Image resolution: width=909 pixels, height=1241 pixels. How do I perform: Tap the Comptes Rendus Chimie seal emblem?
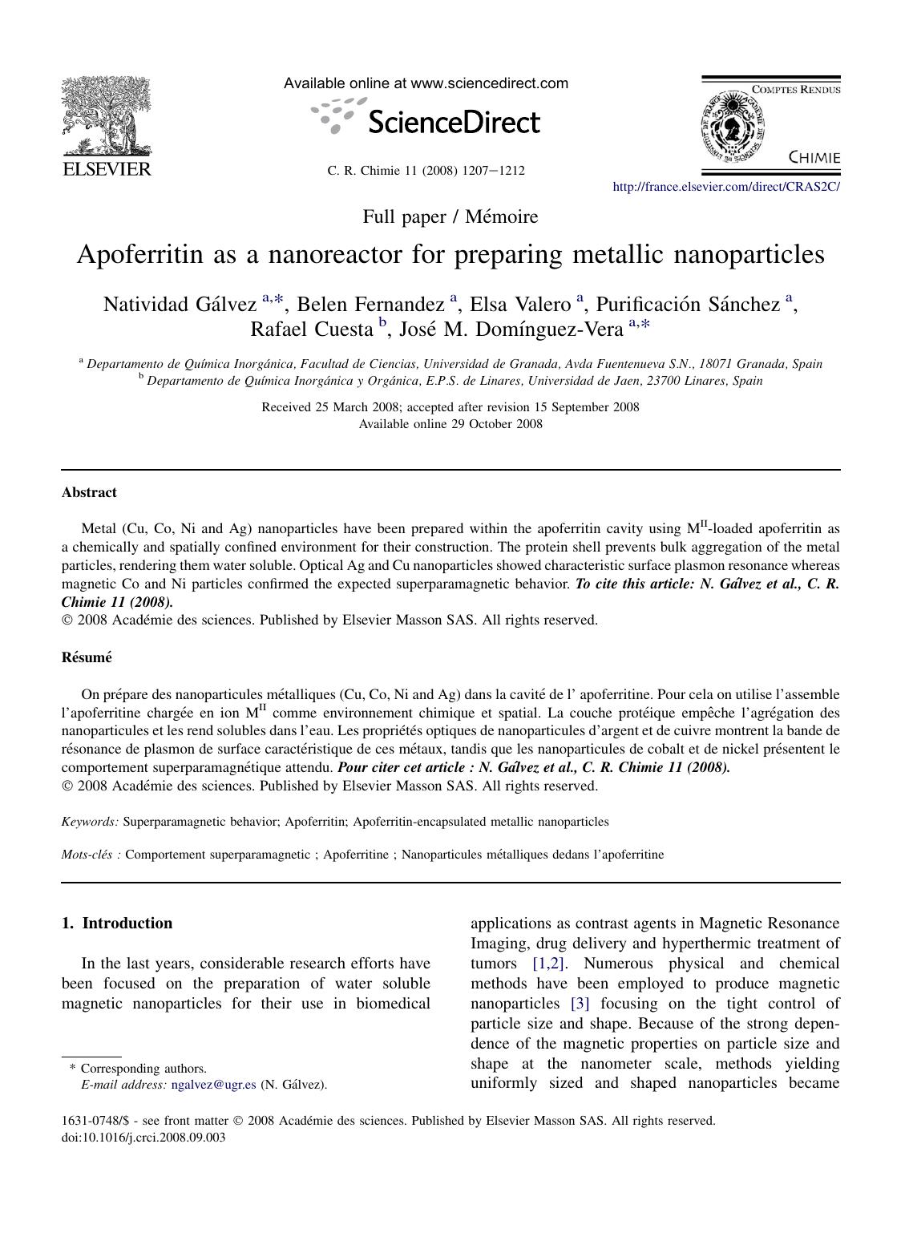(x=733, y=128)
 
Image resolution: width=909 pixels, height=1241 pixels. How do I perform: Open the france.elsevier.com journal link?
(x=725, y=187)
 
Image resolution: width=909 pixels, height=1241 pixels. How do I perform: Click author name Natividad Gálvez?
(x=180, y=305)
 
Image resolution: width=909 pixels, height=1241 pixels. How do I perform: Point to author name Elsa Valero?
(x=520, y=305)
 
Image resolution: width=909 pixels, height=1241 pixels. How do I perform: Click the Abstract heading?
(x=89, y=492)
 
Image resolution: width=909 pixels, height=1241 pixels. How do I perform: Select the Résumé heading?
(x=87, y=657)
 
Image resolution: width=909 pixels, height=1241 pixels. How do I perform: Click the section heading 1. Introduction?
(x=117, y=924)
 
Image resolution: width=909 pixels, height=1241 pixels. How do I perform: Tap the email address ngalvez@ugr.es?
(x=214, y=1085)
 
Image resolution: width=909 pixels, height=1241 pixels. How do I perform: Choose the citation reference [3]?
(x=580, y=1004)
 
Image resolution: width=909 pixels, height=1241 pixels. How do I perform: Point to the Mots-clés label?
(x=91, y=855)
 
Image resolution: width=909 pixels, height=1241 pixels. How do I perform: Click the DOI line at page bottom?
(x=143, y=1137)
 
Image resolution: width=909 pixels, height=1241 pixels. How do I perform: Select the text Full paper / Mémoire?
(x=450, y=216)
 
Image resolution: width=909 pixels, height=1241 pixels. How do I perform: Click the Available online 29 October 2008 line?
(x=450, y=424)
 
